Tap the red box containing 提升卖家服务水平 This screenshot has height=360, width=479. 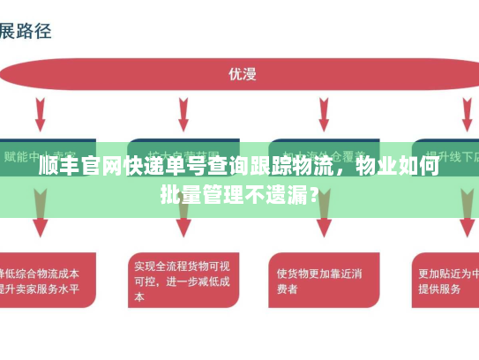click(44, 281)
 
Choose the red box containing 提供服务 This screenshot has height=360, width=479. click(446, 281)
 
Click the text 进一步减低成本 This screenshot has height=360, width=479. click(190, 282)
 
